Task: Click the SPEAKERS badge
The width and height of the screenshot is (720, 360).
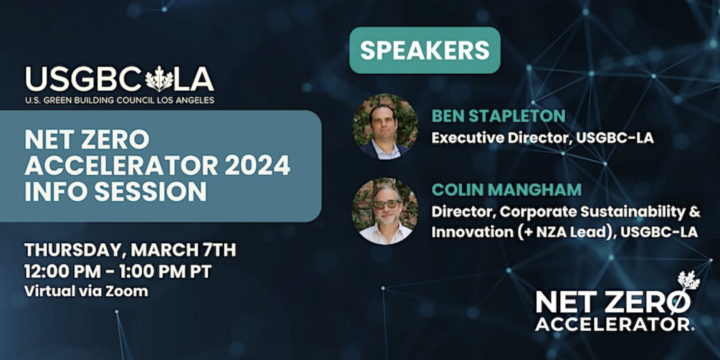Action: pos(424,50)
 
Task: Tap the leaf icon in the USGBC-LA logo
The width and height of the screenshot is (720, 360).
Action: pos(159,79)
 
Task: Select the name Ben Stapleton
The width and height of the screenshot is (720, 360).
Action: pos(498,116)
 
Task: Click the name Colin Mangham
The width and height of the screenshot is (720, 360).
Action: pos(506,190)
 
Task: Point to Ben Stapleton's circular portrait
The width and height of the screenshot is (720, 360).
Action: pos(385,126)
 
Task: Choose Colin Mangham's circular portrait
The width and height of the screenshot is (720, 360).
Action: pos(385,211)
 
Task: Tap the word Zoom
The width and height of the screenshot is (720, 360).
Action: pos(127,291)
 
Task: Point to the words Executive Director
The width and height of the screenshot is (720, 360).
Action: pos(499,138)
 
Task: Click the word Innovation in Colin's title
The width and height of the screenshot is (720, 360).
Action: pos(472,232)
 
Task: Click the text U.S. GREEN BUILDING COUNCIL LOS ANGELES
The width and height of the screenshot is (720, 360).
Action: pos(119,101)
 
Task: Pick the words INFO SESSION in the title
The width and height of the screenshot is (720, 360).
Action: pos(116,191)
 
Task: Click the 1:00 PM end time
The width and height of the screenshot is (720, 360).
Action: pos(152,272)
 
